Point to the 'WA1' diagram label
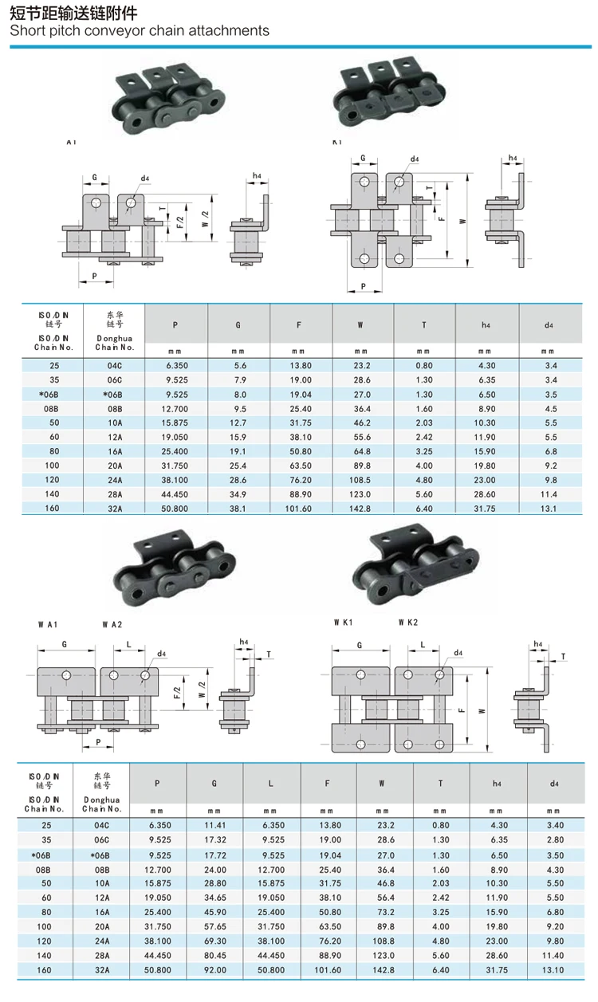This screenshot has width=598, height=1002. (48, 623)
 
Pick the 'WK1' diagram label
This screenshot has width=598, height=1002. (344, 622)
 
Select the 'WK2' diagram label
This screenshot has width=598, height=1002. (407, 622)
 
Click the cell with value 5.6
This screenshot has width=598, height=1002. (238, 365)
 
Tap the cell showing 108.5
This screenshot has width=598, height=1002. (361, 480)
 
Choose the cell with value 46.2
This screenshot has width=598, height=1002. (361, 422)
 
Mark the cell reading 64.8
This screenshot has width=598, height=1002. (361, 451)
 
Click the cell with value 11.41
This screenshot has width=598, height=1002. (214, 825)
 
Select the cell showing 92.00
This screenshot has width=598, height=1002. (214, 970)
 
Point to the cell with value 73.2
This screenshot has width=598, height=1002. (382, 912)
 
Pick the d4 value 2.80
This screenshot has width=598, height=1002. (553, 839)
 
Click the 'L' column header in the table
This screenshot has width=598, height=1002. (271, 784)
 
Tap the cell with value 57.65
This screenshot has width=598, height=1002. (214, 926)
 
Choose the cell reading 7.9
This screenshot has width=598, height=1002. (238, 379)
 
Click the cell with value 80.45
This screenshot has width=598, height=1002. (214, 956)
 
